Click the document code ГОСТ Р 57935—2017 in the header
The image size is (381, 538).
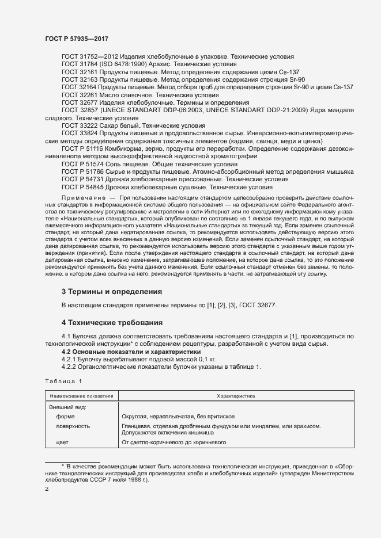tap(77, 38)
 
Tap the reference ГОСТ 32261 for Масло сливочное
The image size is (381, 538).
tap(80, 94)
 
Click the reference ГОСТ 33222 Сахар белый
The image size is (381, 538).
tap(80, 125)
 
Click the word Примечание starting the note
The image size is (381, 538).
tap(82, 198)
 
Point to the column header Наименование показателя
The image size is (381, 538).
tap(81, 396)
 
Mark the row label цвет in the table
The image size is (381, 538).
tap(62, 442)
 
